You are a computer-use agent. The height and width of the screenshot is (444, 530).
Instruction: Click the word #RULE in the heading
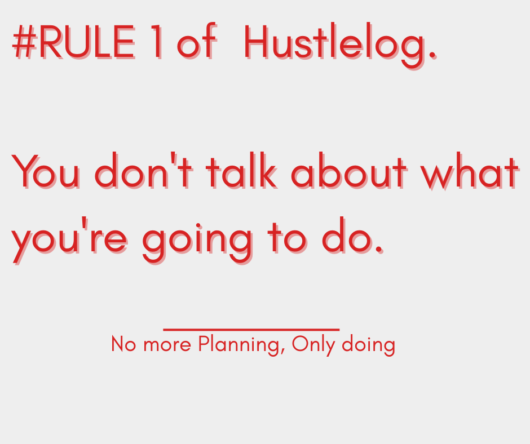[x=73, y=43]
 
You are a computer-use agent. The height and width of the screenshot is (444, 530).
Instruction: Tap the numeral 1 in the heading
[x=157, y=43]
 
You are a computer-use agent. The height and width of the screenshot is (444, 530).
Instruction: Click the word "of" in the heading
[x=196, y=43]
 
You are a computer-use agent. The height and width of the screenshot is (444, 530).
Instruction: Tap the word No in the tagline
[x=123, y=344]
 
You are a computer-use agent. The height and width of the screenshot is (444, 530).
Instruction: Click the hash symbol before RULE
[x=24, y=43]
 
